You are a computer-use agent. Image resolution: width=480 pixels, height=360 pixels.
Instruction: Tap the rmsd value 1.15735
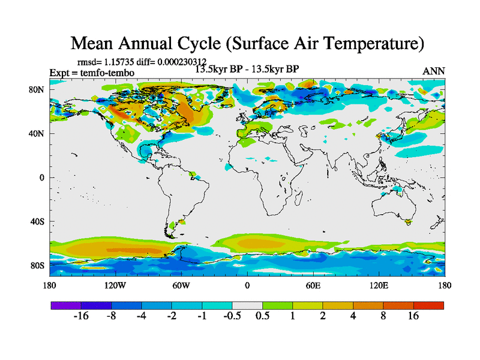[126, 62]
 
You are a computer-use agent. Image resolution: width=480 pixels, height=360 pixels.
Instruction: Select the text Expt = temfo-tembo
[92, 73]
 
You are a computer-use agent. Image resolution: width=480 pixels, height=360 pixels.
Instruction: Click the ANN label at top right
[434, 71]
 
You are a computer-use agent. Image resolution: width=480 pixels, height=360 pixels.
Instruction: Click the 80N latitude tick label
[39, 89]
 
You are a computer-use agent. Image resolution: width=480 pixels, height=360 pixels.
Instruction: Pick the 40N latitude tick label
[39, 133]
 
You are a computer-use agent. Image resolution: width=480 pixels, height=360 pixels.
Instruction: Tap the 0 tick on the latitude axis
[43, 177]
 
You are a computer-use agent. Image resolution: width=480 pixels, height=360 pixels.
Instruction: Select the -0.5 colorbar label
[232, 316]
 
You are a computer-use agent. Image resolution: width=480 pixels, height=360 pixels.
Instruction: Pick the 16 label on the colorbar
[413, 316]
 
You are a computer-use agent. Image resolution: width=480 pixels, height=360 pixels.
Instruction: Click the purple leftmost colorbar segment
[65, 305]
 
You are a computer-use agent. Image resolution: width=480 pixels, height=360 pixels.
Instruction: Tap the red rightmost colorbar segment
[428, 305]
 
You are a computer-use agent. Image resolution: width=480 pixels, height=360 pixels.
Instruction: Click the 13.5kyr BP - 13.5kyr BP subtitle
[247, 69]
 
